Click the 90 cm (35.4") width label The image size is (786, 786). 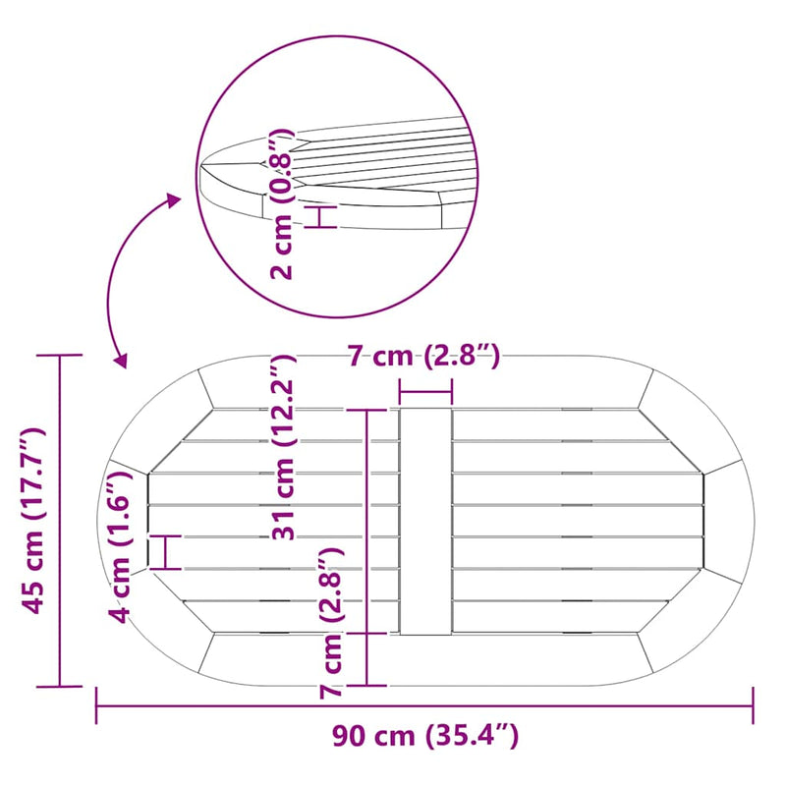pyautogui.click(x=425, y=736)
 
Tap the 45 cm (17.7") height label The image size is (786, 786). pyautogui.click(x=33, y=521)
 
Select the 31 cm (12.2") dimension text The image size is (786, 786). pyautogui.click(x=284, y=447)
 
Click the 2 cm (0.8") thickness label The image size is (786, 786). pyautogui.click(x=281, y=203)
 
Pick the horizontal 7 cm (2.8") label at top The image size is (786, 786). pyautogui.click(x=424, y=357)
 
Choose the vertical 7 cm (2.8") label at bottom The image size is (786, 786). pyautogui.click(x=331, y=623)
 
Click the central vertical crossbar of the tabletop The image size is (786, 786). pyautogui.click(x=425, y=522)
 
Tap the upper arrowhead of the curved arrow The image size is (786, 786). pyautogui.click(x=174, y=200)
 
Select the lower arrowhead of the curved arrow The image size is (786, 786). pyautogui.click(x=121, y=361)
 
